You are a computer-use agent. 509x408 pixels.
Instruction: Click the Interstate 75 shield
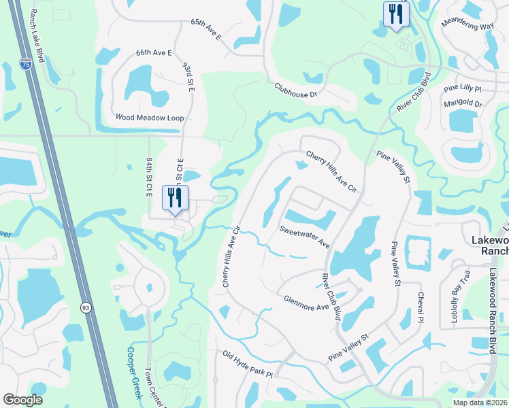click(x=26, y=65)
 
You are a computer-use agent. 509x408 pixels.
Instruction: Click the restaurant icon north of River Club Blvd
click(x=395, y=14)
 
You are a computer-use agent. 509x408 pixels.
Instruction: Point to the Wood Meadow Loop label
click(x=150, y=118)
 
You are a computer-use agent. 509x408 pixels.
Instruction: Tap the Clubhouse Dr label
click(x=297, y=90)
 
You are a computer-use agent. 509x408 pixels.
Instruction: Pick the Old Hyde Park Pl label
click(x=248, y=364)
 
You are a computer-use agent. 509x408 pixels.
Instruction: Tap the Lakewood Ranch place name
click(x=489, y=245)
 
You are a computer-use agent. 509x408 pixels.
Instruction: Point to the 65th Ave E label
click(x=206, y=31)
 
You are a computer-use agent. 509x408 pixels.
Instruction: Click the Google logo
click(x=23, y=400)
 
